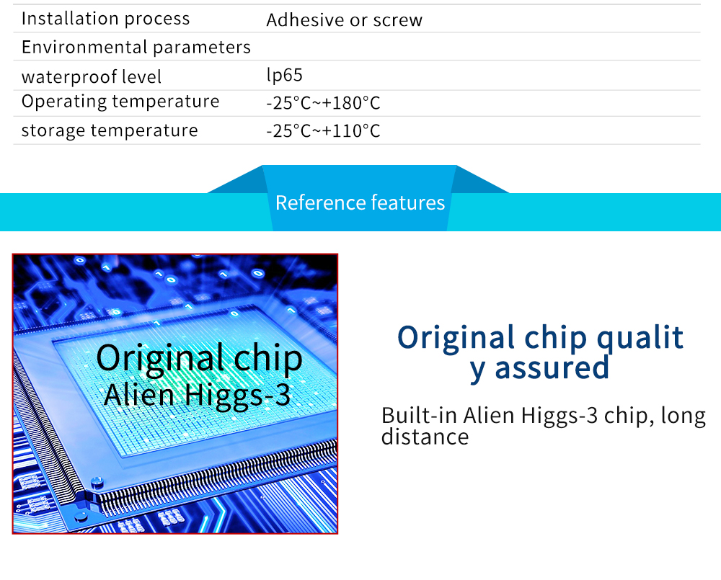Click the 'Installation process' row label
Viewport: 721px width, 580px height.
tap(105, 19)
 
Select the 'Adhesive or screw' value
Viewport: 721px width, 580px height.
tap(344, 19)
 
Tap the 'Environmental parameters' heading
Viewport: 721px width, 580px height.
tap(136, 47)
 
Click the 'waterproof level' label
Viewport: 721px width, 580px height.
tap(92, 77)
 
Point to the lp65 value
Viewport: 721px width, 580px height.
tap(284, 75)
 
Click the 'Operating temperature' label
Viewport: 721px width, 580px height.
tap(120, 102)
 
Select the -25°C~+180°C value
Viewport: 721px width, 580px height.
tap(323, 103)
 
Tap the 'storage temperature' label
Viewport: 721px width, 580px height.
tap(110, 130)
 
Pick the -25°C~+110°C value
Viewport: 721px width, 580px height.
tap(323, 131)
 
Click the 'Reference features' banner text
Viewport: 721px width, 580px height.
tap(360, 202)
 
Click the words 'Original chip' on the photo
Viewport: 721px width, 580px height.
tap(199, 358)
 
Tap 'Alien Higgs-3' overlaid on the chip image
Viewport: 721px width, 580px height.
tap(198, 395)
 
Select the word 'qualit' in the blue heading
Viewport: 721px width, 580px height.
tap(640, 339)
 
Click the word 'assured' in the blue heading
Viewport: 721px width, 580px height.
tap(552, 367)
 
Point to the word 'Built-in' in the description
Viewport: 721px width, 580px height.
tap(418, 415)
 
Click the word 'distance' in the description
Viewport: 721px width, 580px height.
tap(425, 437)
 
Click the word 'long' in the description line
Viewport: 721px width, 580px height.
tap(683, 416)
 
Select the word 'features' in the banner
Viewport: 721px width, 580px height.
tap(408, 202)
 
